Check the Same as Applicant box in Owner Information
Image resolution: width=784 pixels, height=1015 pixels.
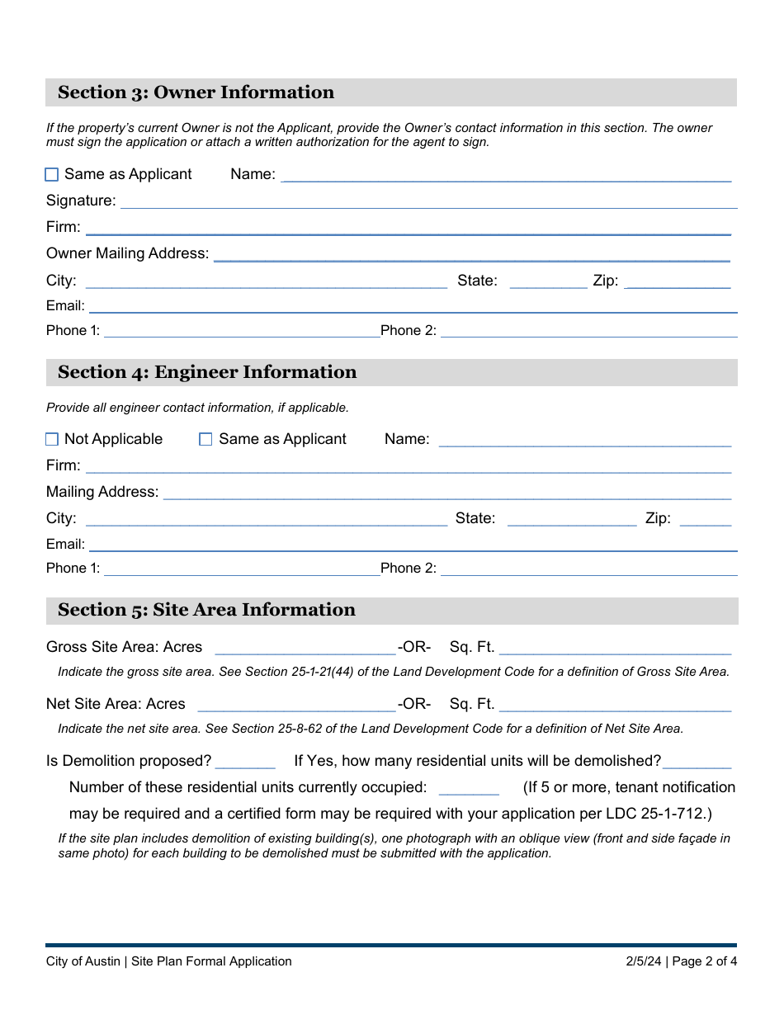coord(52,174)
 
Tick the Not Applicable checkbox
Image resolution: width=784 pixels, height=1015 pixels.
coord(52,439)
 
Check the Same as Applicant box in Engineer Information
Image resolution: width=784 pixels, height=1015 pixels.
coord(206,439)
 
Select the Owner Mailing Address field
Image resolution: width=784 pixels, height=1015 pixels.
coord(471,254)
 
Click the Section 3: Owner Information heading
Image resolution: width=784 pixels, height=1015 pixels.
coord(196,92)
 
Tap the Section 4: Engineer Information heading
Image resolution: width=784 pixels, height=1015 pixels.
coord(207,372)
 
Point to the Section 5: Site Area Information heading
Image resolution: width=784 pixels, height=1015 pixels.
coord(206,610)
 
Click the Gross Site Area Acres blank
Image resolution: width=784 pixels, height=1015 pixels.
coord(305,647)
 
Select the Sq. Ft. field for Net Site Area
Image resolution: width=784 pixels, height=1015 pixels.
coord(615,704)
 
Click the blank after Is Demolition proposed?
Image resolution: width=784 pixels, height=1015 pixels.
coord(245,761)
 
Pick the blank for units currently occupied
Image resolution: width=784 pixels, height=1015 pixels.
coord(469,787)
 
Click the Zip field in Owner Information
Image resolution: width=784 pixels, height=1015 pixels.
coord(678,281)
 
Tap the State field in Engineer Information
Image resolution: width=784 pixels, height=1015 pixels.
coord(572,519)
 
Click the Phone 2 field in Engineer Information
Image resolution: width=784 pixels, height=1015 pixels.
coord(588,568)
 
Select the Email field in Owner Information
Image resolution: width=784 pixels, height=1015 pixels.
coord(413,306)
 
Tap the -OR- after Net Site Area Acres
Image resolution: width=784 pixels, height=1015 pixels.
coord(414,704)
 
